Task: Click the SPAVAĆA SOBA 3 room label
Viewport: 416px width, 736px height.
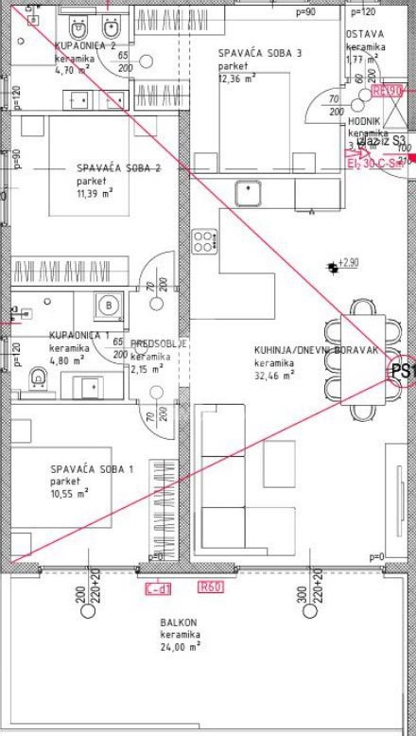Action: point(259,54)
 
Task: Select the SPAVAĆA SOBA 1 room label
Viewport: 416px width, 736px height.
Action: point(92,468)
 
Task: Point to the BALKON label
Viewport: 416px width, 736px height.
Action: point(179,622)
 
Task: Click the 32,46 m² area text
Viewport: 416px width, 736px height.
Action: point(274,375)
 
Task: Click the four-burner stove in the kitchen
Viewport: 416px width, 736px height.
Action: point(204,240)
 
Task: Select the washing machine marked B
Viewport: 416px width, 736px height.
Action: point(109,305)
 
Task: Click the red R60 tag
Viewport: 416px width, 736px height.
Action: point(210,588)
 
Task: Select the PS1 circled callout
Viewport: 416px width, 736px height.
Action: point(404,371)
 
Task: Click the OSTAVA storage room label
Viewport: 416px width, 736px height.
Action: point(365,34)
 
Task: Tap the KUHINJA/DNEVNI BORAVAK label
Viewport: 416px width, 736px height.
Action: point(316,350)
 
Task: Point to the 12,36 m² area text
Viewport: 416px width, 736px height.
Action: point(237,79)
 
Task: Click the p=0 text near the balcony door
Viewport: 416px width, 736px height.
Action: point(377,557)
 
